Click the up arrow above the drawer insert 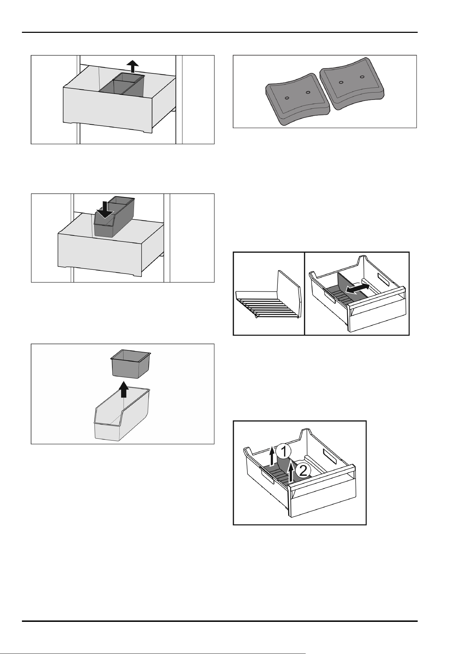[132, 66]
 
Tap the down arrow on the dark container [105, 209]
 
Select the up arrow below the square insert [124, 389]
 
